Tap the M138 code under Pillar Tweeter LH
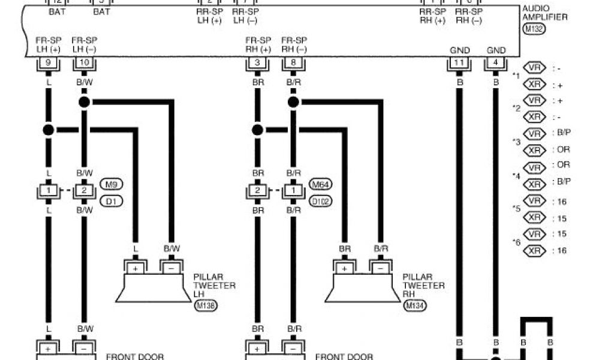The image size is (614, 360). tap(206, 306)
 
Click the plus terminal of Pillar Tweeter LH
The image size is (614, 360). tap(136, 268)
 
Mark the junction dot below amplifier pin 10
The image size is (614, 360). tap(84, 102)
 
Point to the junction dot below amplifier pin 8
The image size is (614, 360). tap(293, 102)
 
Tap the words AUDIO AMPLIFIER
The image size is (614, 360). tap(545, 13)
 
